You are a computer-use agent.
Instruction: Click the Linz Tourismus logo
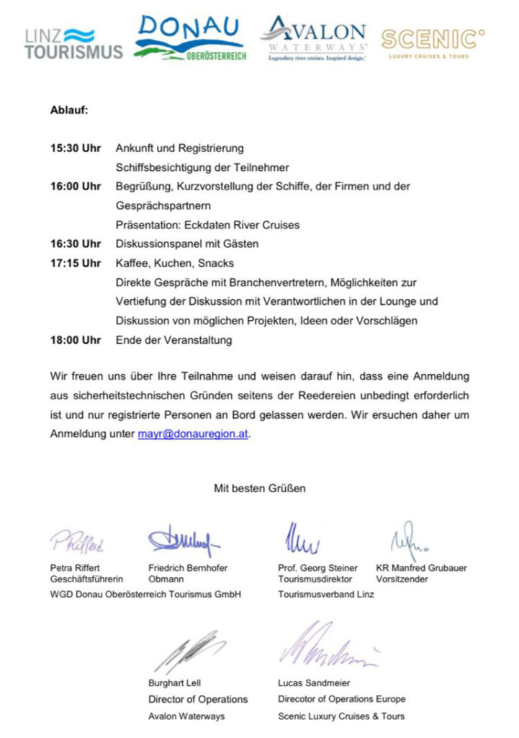73,43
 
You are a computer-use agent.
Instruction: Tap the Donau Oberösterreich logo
191,40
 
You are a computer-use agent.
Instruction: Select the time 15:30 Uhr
76,148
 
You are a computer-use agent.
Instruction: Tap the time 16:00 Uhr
76,187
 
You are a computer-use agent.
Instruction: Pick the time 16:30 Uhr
76,244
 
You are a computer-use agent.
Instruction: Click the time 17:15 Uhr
76,263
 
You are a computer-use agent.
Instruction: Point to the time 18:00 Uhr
76,340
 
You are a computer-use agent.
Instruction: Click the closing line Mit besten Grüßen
259,489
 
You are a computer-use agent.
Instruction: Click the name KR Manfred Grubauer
421,568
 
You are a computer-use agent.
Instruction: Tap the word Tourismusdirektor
315,579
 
